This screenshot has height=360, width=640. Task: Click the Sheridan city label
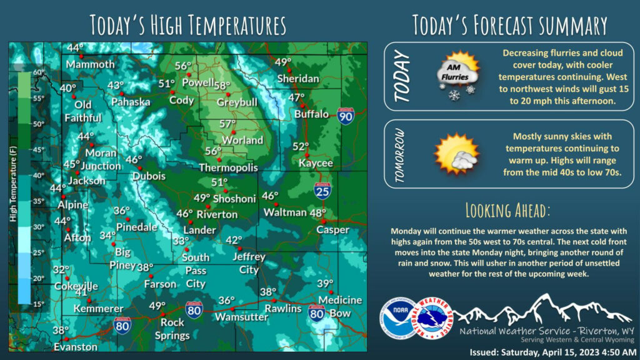point(297,79)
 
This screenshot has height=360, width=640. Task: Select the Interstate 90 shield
point(346,115)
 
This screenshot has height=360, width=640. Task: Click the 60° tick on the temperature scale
point(38,72)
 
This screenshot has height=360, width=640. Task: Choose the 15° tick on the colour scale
point(38,304)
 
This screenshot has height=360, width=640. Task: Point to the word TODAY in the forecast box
point(402,77)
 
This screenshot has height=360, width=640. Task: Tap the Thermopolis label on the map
point(228,168)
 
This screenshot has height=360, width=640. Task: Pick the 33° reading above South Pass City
point(181,241)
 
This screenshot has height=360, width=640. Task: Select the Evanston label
point(76,346)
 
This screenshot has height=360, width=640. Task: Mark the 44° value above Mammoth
point(76,47)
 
